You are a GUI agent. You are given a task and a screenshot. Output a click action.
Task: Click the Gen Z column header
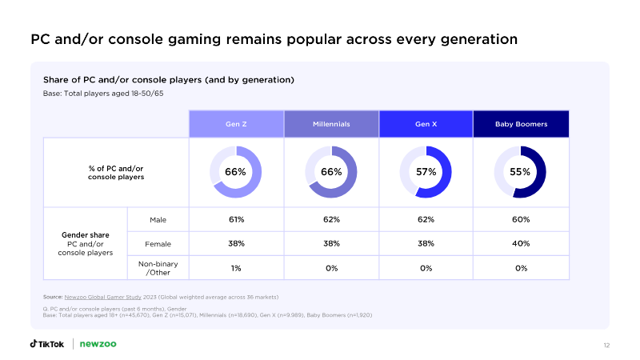236,124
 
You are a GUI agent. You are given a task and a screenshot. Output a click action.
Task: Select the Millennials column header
331,124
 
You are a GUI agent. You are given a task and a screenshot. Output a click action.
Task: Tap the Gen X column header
426,124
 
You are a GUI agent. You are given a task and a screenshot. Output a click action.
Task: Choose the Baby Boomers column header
522,124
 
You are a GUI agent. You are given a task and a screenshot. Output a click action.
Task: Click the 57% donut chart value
426,172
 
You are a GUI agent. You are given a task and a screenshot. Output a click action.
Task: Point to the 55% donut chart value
520,172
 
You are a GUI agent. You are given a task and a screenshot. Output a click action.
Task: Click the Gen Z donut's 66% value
235,172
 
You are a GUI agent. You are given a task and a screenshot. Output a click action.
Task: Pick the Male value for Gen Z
236,219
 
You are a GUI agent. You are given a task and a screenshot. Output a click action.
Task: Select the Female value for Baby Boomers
521,244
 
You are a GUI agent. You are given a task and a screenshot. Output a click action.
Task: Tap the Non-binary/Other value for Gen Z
236,268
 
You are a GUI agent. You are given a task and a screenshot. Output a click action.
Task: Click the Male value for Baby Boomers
521,219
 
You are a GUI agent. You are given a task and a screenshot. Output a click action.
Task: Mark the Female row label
158,244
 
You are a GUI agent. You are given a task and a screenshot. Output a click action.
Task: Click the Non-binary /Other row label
158,268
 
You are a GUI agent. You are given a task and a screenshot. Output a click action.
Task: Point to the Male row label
158,220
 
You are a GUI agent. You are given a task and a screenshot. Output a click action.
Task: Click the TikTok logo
47,344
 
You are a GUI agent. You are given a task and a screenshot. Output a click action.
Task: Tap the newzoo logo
98,344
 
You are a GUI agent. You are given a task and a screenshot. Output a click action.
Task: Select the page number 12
606,346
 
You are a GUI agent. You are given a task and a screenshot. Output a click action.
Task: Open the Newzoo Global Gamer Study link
103,297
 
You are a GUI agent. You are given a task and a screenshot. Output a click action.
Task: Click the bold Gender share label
86,235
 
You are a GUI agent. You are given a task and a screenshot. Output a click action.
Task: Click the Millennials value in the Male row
331,219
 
